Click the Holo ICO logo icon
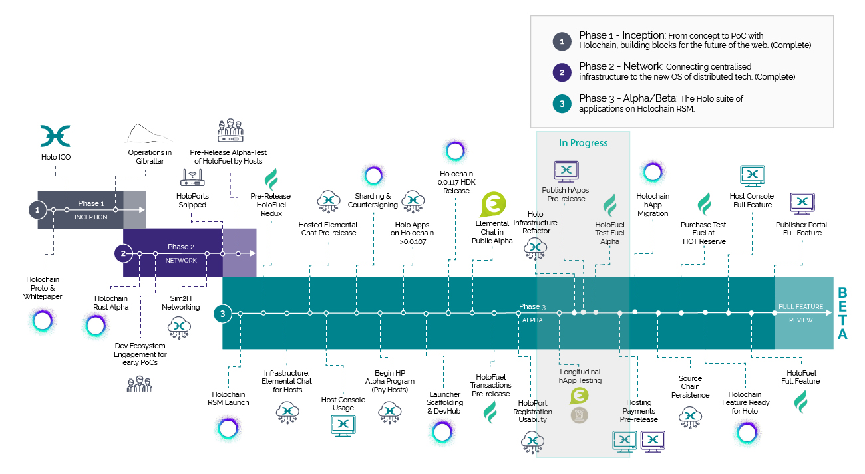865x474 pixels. [x=55, y=135]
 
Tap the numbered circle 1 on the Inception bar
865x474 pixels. [x=37, y=209]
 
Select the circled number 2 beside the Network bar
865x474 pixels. [x=123, y=253]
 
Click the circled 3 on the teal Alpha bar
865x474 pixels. [x=222, y=312]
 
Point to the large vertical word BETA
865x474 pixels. [x=842, y=313]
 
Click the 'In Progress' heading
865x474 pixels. [x=583, y=142]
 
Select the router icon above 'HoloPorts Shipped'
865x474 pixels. [x=192, y=178]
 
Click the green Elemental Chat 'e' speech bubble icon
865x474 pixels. [x=493, y=204]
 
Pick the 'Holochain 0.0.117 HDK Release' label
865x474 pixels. [x=455, y=181]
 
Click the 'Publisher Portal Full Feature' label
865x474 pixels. [x=801, y=229]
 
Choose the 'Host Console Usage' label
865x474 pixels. [x=343, y=404]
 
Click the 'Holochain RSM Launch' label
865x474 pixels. [x=230, y=398]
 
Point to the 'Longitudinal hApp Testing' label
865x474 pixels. [x=580, y=376]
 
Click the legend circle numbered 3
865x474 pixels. [x=562, y=104]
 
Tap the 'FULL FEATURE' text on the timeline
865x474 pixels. [x=800, y=307]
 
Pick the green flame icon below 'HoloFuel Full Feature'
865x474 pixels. [x=800, y=401]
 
